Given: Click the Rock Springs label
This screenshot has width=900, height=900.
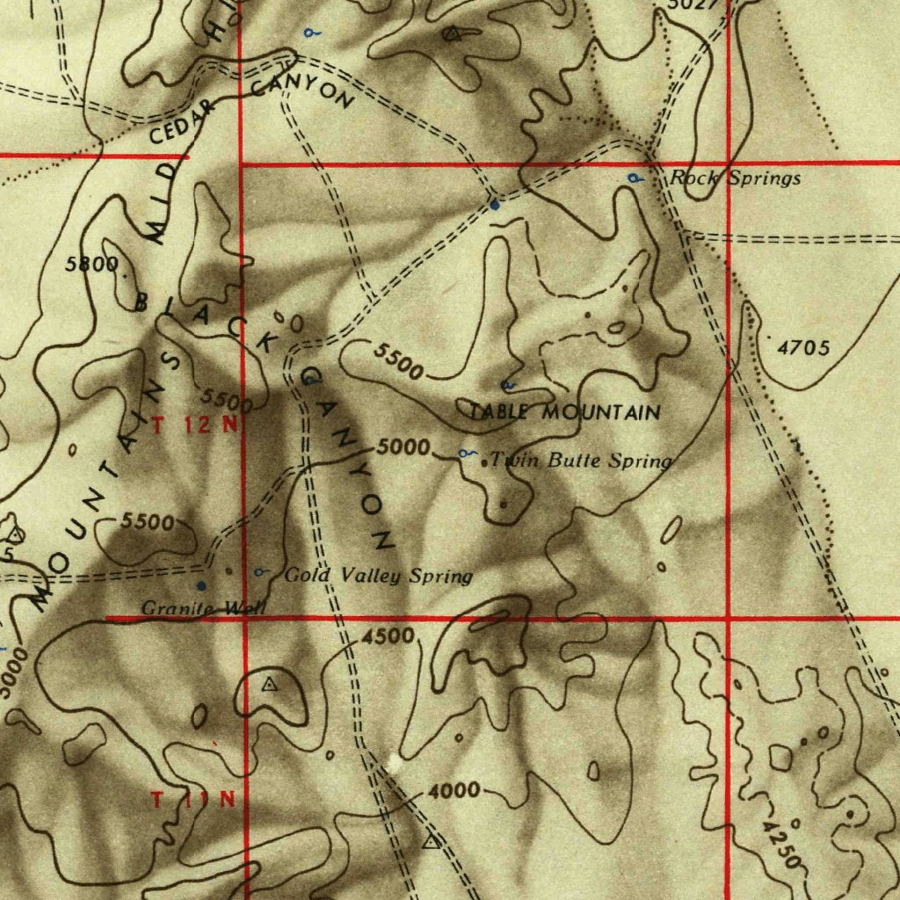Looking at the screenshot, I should click(x=736, y=178).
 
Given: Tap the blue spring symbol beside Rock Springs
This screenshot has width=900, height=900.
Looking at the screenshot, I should click(x=634, y=178).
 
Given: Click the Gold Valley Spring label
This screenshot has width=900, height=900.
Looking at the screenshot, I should click(x=379, y=577).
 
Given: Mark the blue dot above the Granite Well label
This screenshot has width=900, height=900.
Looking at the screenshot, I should click(x=201, y=584).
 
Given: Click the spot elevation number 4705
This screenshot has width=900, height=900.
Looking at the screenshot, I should click(x=803, y=349).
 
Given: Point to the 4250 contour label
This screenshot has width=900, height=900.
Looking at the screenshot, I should click(x=782, y=845).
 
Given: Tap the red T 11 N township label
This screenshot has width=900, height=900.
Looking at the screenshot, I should click(x=193, y=800).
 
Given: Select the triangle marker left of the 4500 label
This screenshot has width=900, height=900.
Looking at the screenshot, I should click(x=270, y=684).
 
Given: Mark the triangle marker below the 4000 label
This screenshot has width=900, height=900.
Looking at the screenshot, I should click(x=429, y=843).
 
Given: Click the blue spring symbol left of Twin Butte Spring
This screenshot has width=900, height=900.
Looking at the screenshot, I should click(x=466, y=454).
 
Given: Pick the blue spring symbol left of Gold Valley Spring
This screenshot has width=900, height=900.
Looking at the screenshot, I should click(x=260, y=573).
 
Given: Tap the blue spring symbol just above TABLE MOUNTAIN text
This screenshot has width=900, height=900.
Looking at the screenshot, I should click(x=507, y=385).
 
